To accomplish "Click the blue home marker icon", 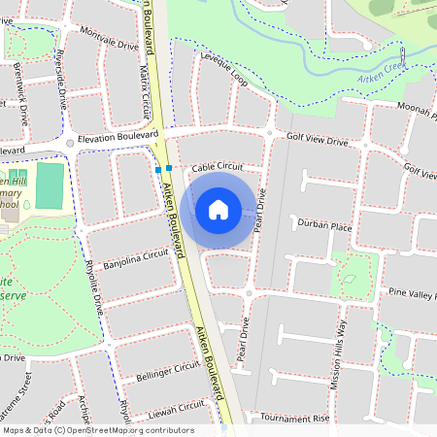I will coord(218,209).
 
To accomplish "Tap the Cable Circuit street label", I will coord(216,167).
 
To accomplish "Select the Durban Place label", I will coord(324,225).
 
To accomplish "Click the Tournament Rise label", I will coord(295,419).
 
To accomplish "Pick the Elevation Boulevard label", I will coord(118,137).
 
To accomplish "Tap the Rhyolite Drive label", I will coord(94,291).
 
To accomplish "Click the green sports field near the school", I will coord(50,185).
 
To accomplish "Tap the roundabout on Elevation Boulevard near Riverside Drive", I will coord(70,143).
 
